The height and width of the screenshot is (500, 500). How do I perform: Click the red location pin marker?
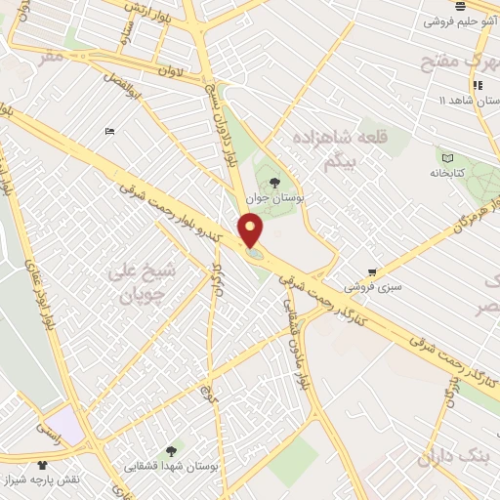pyautogui.click(x=252, y=230)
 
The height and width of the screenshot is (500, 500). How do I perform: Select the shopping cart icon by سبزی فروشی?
pyautogui.click(x=371, y=272)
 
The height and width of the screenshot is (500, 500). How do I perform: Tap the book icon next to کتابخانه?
pyautogui.click(x=447, y=158)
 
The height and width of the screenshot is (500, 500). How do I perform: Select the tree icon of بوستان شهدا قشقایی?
pyautogui.click(x=171, y=450)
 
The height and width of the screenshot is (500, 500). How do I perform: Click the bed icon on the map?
pyautogui.click(x=109, y=131)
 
